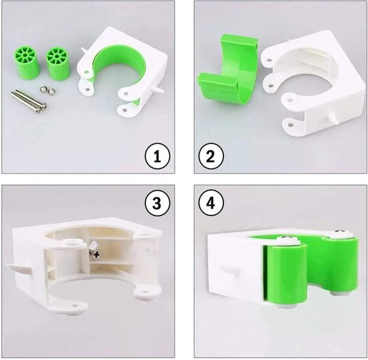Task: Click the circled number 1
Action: (157, 157)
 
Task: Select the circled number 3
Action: (157, 203)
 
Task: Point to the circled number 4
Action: (211, 203)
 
